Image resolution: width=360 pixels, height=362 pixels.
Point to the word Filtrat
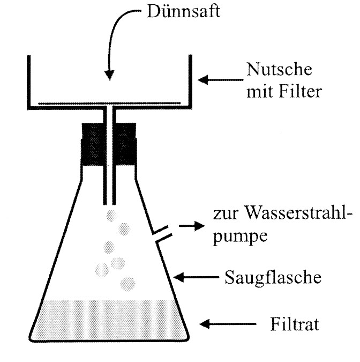(294, 325)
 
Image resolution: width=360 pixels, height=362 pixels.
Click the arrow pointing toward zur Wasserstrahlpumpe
(187, 226)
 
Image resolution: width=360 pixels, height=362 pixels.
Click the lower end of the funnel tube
(109, 203)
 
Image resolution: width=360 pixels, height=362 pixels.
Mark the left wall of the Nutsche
(28, 80)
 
